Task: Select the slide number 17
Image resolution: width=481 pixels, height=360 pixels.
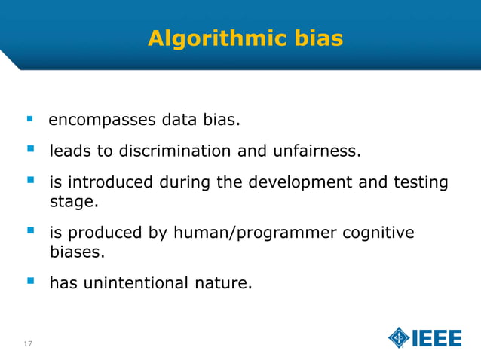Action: tap(28, 344)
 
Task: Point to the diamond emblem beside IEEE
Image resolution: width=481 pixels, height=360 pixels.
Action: tap(399, 338)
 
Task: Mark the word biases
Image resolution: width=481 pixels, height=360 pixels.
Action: tap(75, 252)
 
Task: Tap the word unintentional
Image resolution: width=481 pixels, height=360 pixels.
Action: tap(140, 284)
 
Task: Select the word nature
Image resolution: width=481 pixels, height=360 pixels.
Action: tap(222, 284)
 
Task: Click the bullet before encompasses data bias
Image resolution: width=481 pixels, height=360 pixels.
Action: tap(30, 119)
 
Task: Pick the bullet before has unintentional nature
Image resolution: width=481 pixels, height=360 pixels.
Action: tap(30, 282)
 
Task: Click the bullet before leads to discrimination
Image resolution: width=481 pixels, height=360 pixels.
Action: tap(30, 150)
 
